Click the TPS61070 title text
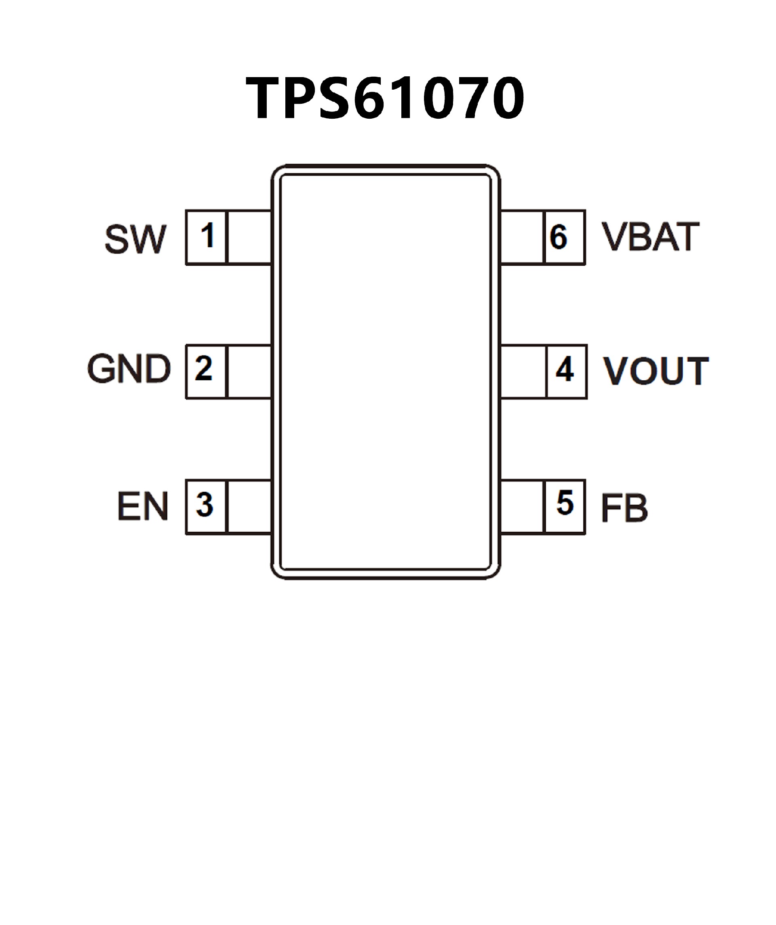(x=385, y=98)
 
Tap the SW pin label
(x=135, y=239)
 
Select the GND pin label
(x=129, y=369)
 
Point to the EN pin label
(x=142, y=506)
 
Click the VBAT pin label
(x=650, y=237)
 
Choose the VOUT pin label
(x=656, y=371)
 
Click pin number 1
(x=207, y=236)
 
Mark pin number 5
(x=565, y=503)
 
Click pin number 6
(x=559, y=237)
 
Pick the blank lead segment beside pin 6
(x=522, y=237)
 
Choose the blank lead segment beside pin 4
(x=523, y=372)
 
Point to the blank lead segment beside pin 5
(x=523, y=507)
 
